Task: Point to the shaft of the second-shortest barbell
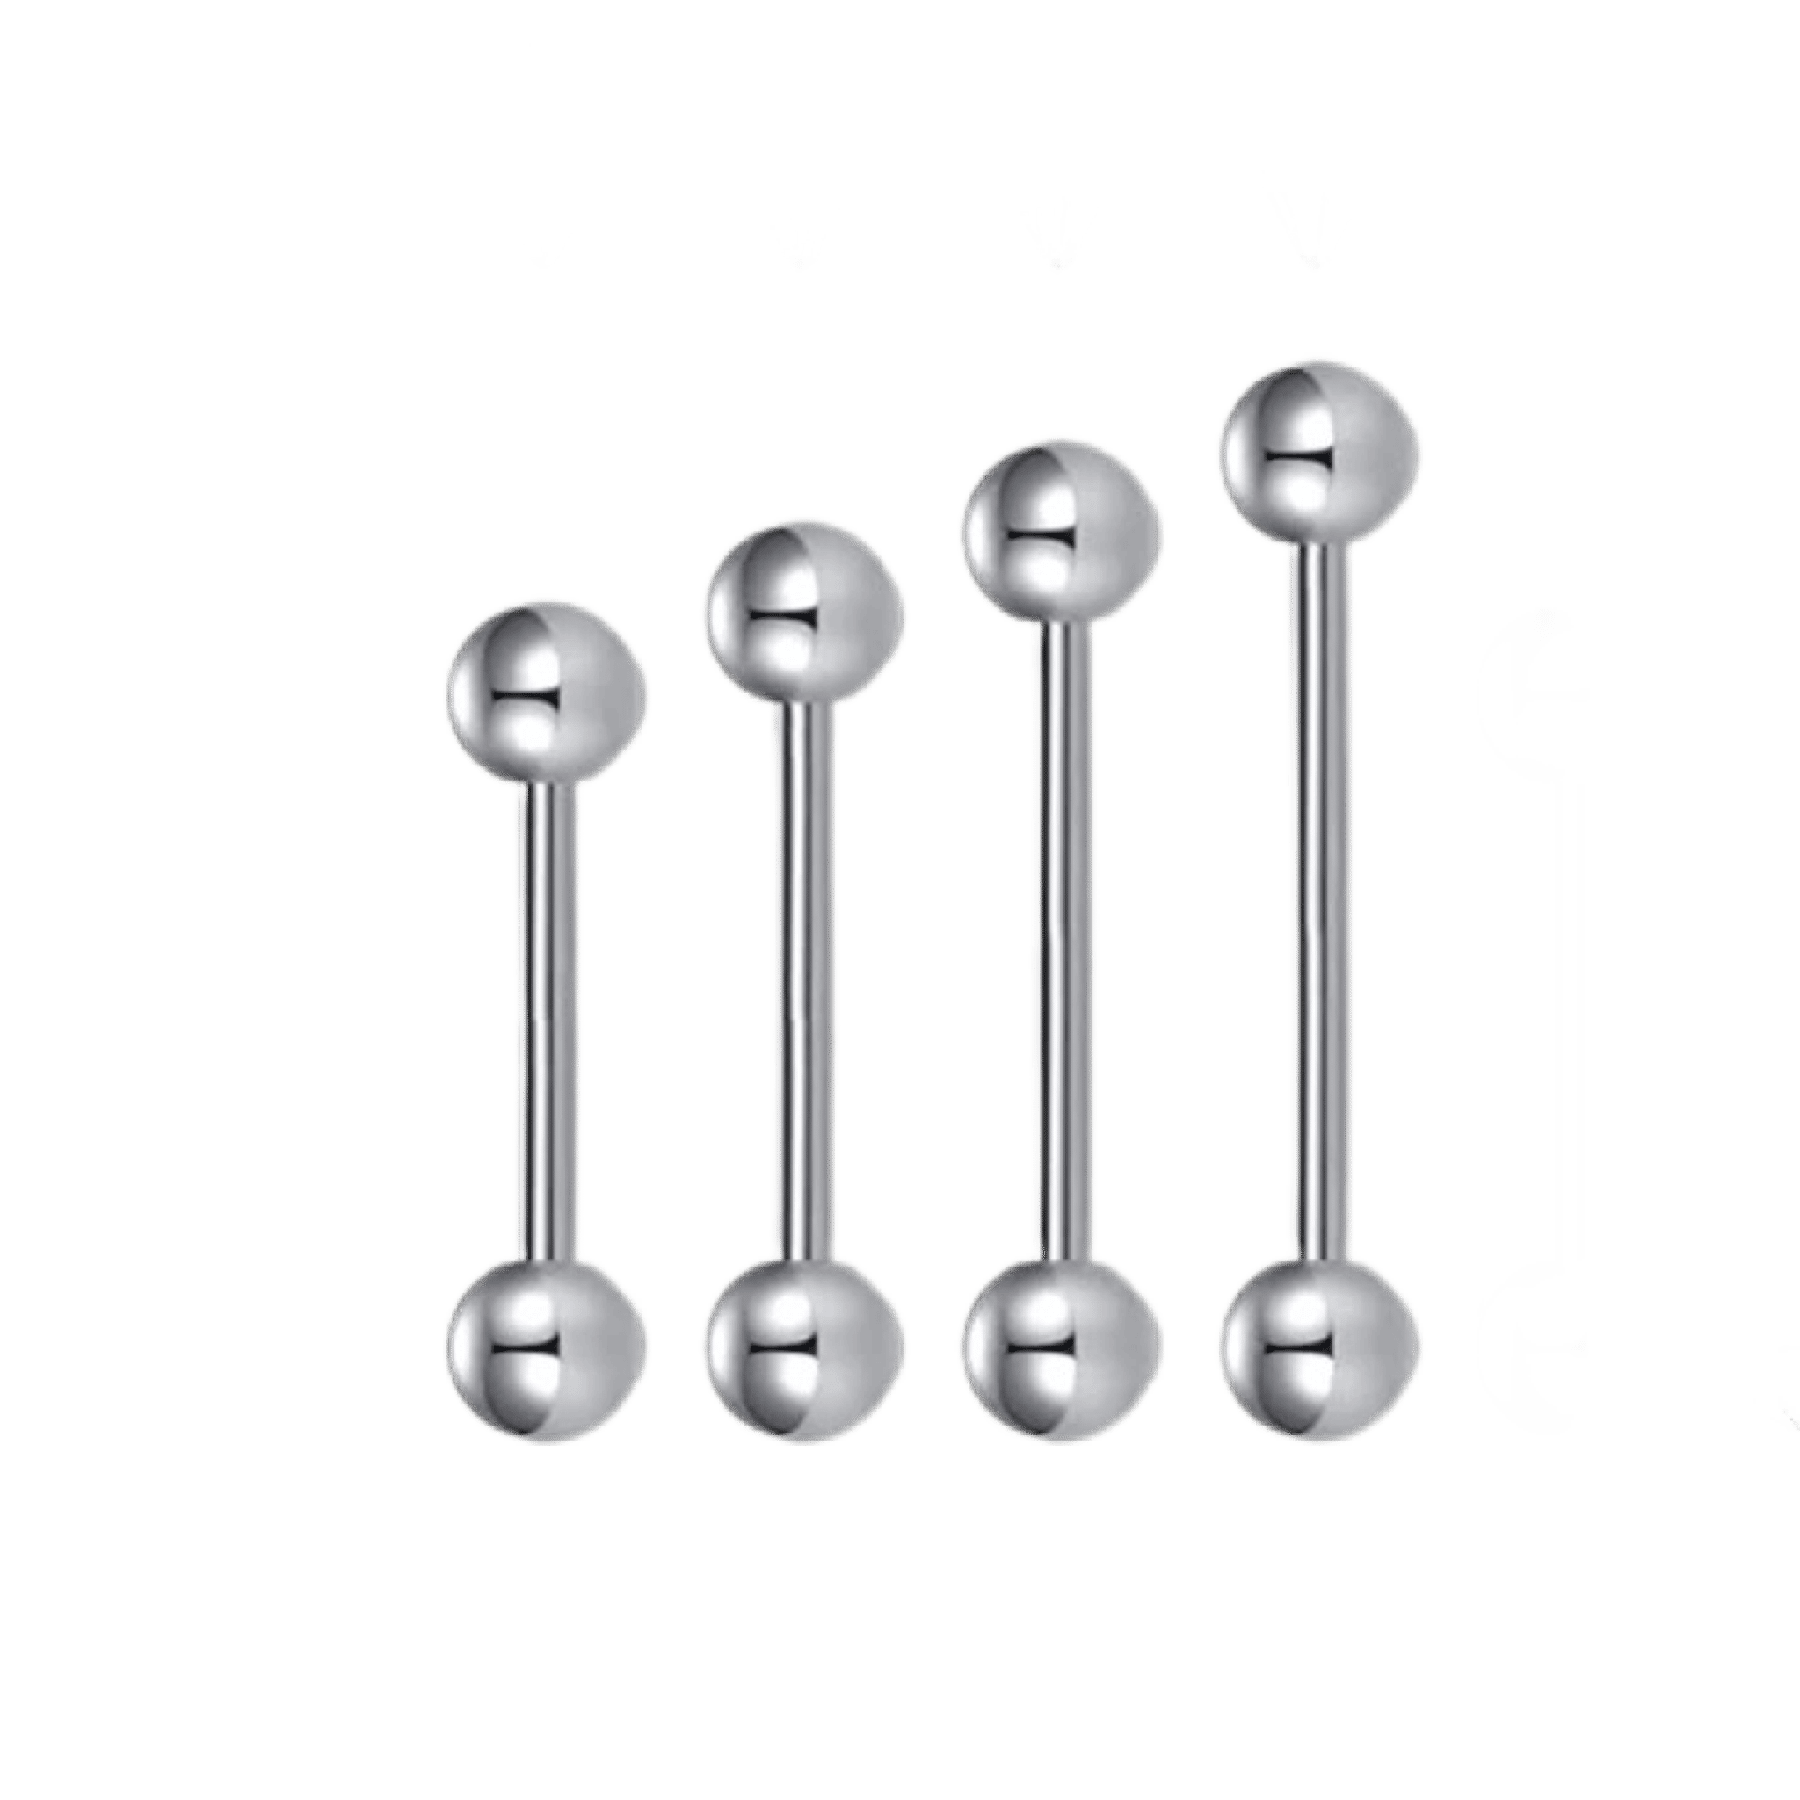804,978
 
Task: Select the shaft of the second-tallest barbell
1061,941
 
